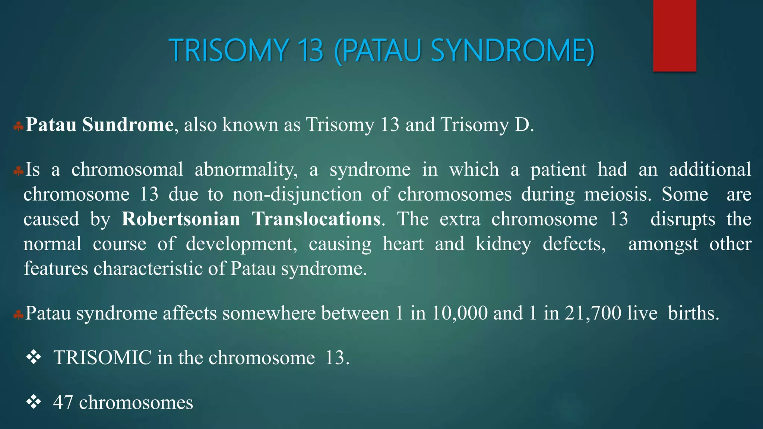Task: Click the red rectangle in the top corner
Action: pyautogui.click(x=674, y=36)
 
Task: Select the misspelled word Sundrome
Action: pyautogui.click(x=127, y=125)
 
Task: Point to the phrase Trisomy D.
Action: pyautogui.click(x=487, y=125)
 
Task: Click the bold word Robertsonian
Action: pyautogui.click(x=181, y=219)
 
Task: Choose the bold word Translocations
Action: pyautogui.click(x=316, y=219)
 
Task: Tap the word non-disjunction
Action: pyautogui.click(x=297, y=195)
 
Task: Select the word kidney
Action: pyautogui.click(x=503, y=244)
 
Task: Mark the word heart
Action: pyautogui.click(x=403, y=244)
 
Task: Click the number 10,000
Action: pyautogui.click(x=459, y=313)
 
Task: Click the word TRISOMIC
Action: pyautogui.click(x=102, y=358)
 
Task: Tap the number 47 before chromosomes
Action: pyautogui.click(x=63, y=403)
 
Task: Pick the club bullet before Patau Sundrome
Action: pyautogui.click(x=18, y=127)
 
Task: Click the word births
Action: pyautogui.click(x=693, y=313)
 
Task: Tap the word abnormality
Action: pyautogui.click(x=246, y=170)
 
